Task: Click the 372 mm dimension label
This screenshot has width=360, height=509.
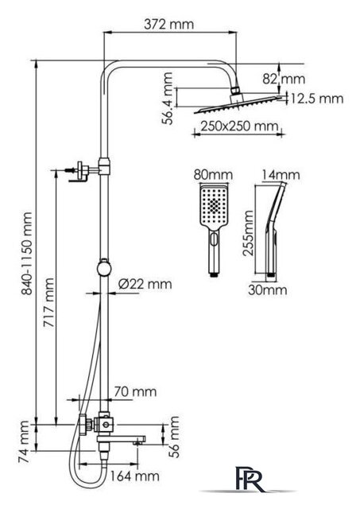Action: (x=169, y=25)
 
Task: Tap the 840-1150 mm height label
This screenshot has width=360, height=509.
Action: (x=26, y=254)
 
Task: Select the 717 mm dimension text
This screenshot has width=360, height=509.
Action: (x=49, y=302)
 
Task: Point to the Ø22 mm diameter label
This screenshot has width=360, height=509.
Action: (x=145, y=284)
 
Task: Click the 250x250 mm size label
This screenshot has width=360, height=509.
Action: (x=239, y=126)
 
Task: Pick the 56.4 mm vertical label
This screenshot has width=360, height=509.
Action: (x=168, y=99)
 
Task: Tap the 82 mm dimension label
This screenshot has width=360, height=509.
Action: (x=284, y=79)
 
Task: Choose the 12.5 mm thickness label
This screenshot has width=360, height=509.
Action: (x=316, y=99)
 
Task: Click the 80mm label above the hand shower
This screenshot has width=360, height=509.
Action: (x=213, y=175)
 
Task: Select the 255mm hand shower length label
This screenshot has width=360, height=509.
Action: (x=249, y=233)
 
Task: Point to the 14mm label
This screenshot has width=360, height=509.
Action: (x=281, y=175)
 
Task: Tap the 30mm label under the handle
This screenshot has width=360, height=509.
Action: (x=268, y=289)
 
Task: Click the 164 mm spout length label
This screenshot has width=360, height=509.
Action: (x=134, y=476)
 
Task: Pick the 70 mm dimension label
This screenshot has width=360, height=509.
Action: (x=135, y=391)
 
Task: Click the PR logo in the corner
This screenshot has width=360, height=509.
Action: (x=250, y=479)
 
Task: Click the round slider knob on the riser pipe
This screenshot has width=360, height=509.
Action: (x=104, y=269)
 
